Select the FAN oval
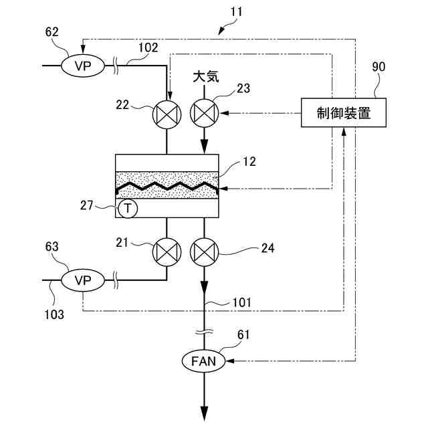coord(204,362)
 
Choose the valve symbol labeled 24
coord(204,251)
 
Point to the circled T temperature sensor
coord(128,209)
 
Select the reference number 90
coord(378,67)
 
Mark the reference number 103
coord(56,314)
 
